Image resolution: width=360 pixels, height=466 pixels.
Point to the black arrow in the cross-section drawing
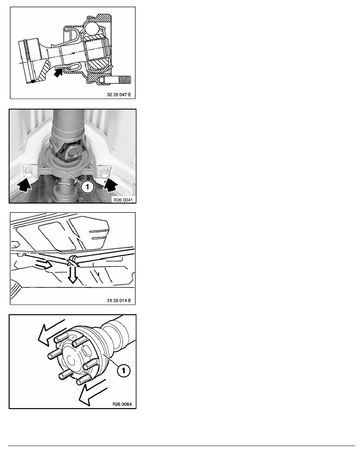tap(58, 73)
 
